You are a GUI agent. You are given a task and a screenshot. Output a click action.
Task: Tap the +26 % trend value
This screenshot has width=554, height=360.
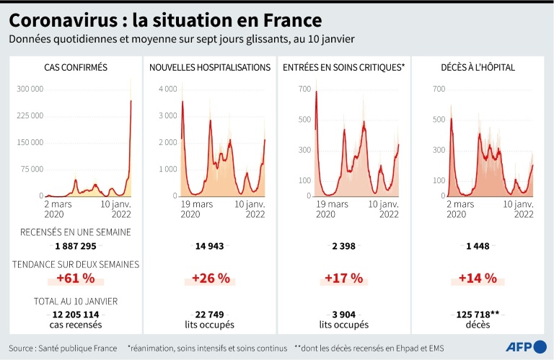(x=210, y=278)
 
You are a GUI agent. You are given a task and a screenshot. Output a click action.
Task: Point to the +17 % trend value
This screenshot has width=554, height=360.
(x=343, y=278)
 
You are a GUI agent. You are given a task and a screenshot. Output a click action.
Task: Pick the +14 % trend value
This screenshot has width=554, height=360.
(x=478, y=278)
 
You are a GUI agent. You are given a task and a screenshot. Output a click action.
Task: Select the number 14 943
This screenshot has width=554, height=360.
(x=210, y=246)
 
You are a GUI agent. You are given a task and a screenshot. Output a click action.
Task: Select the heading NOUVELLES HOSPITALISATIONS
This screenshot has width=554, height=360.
(x=210, y=68)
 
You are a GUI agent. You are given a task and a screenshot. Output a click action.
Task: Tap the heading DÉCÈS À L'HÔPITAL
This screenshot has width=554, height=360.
(x=478, y=68)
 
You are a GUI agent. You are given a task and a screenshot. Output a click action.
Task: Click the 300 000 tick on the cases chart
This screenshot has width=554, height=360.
(x=30, y=89)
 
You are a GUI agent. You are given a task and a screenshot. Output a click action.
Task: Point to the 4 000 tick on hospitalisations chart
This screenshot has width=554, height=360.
(x=167, y=89)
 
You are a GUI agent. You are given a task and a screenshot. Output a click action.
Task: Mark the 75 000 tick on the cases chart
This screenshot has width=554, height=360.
(x=32, y=170)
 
